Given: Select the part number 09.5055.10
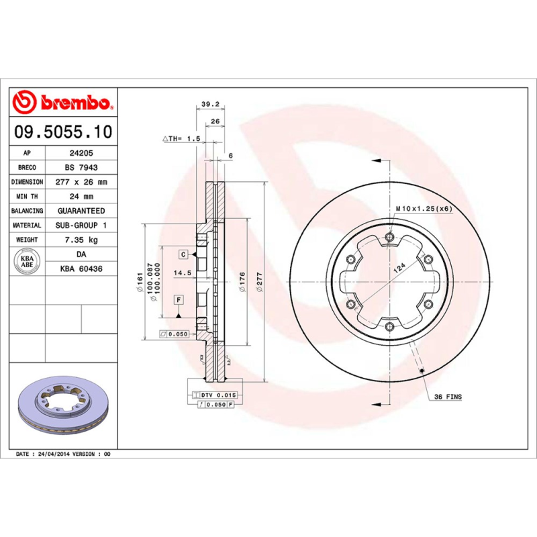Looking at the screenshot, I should pos(62,132).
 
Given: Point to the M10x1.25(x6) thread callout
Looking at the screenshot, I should pos(424,209).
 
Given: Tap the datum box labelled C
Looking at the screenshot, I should pos(183,254).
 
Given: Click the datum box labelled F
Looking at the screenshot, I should pos(179,299).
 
